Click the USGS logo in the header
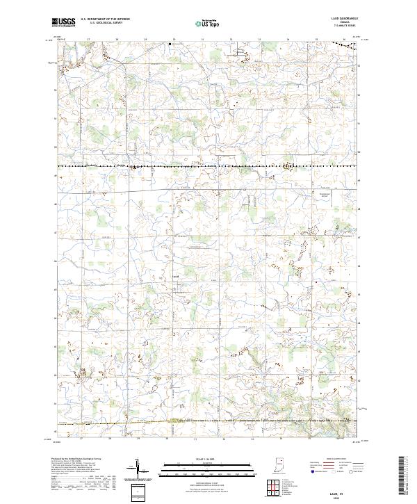(x=63, y=22)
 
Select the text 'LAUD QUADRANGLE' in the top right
(x=344, y=19)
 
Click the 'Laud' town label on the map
(x=176, y=276)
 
